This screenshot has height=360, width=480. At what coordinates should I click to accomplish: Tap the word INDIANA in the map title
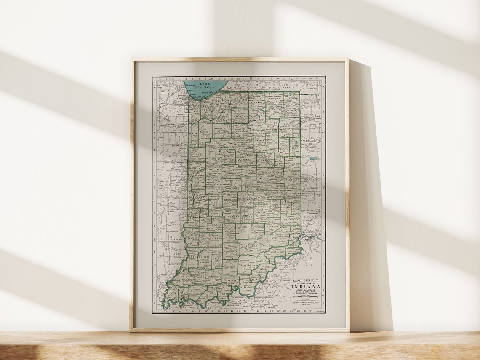point(306,287)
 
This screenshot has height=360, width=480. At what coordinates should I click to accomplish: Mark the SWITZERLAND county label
point(293,251)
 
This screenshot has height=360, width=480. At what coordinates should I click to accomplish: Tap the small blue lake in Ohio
point(313,159)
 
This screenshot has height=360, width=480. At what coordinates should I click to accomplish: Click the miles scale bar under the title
point(306,298)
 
